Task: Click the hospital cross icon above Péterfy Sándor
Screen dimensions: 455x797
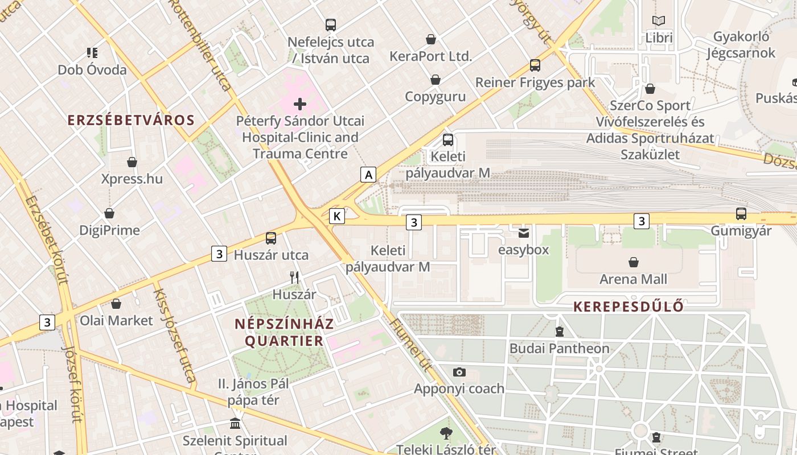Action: tap(300, 104)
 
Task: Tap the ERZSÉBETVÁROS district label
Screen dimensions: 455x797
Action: tap(131, 121)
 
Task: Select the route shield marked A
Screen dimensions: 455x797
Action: tap(369, 175)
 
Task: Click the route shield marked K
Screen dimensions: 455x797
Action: tap(337, 216)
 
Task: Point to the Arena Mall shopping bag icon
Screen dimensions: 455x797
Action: tap(633, 262)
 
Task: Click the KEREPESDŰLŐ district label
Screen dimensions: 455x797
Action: tap(628, 307)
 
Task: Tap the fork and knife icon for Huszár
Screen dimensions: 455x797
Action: tap(294, 278)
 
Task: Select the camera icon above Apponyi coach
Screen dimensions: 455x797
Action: tap(459, 373)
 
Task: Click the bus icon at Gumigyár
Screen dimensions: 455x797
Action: tap(741, 214)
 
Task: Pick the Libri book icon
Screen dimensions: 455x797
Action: tap(659, 21)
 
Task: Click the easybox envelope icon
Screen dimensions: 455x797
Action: tap(523, 233)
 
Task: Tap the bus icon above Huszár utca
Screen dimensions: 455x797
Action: tap(271, 238)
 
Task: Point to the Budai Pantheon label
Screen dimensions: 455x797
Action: tap(559, 348)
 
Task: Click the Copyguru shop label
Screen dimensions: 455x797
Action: tap(436, 97)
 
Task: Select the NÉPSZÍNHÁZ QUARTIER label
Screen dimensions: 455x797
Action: tap(284, 332)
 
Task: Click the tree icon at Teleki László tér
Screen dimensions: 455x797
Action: tap(446, 433)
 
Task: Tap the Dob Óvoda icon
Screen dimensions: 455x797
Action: tap(92, 53)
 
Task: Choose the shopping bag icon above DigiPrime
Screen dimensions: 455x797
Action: tap(109, 214)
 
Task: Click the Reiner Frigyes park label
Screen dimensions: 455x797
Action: tap(535, 82)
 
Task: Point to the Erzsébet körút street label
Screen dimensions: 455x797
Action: tap(47, 239)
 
